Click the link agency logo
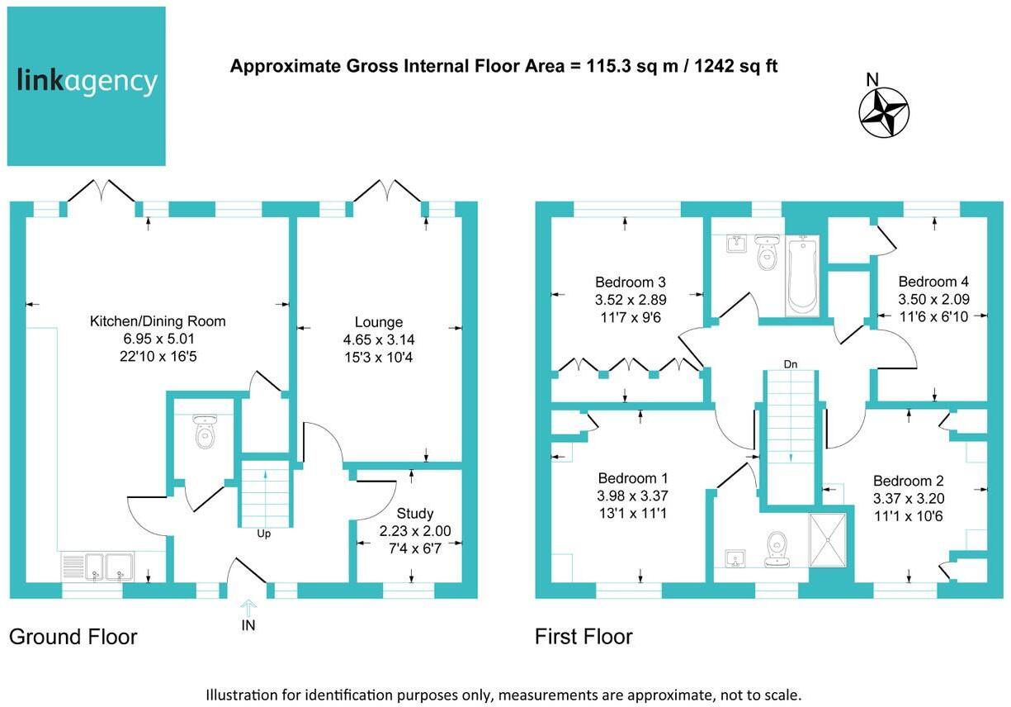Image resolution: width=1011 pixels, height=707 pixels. [x=87, y=86]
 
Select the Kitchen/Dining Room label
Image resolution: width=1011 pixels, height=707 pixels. [x=158, y=321]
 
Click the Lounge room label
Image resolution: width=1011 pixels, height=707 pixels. [x=379, y=322]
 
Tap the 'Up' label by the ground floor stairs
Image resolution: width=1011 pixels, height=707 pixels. [x=264, y=534]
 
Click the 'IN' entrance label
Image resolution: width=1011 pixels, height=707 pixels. [x=248, y=625]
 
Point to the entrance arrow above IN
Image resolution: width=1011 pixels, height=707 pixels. [x=248, y=606]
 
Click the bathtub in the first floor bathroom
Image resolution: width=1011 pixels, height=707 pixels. [x=801, y=276]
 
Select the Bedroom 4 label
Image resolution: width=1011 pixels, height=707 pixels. [x=933, y=281]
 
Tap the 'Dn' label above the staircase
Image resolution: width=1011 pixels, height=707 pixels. [x=790, y=363]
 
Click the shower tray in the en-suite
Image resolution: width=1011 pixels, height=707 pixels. [x=829, y=541]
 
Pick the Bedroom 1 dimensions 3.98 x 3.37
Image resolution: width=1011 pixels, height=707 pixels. [x=633, y=496]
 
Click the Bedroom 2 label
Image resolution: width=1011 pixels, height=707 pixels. [x=908, y=481]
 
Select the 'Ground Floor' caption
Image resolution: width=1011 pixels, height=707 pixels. [x=73, y=637]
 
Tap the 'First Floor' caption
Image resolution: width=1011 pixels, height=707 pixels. [x=583, y=637]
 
